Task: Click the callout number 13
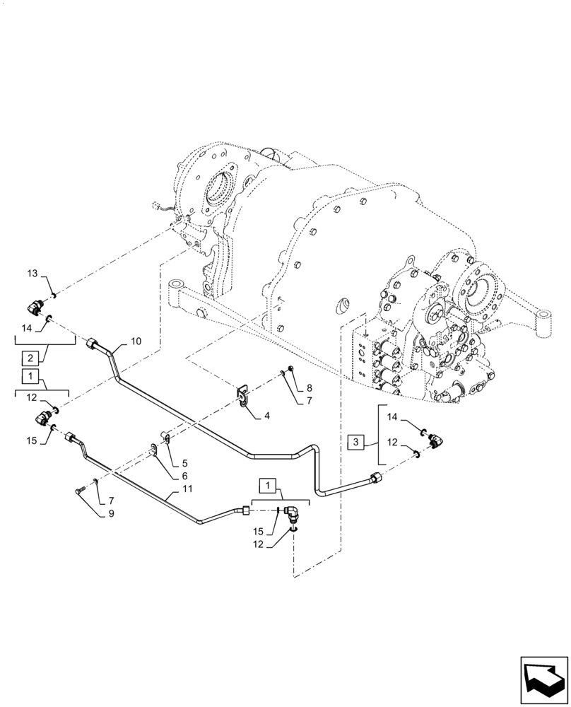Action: click(33, 274)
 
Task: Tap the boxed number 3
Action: click(357, 443)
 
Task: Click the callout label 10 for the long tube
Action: click(136, 341)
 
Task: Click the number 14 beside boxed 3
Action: click(393, 419)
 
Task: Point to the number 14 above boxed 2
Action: click(26, 328)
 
